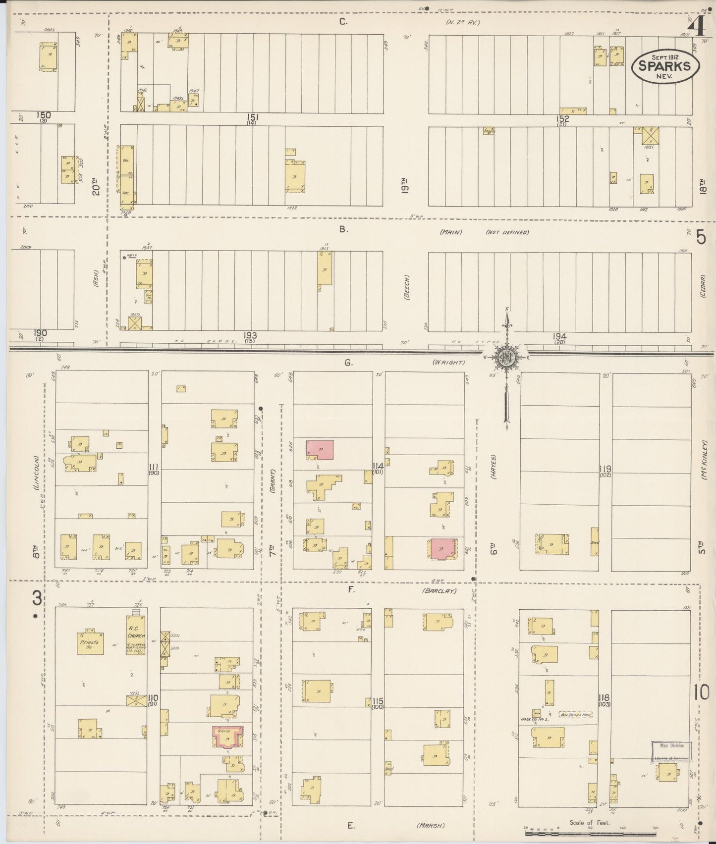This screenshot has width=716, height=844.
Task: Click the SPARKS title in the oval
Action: click(x=665, y=66)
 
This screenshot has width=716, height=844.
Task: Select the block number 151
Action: click(x=253, y=117)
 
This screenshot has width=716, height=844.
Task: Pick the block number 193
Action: click(x=250, y=335)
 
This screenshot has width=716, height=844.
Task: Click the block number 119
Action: click(x=605, y=469)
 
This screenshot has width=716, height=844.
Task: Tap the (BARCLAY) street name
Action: click(x=439, y=591)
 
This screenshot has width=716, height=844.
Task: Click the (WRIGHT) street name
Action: click(x=448, y=363)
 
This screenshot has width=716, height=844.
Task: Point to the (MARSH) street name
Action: click(x=430, y=825)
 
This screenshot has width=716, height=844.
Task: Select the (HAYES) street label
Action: click(x=494, y=466)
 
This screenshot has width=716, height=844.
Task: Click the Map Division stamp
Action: click(x=671, y=745)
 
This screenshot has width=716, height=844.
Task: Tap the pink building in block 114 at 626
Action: click(x=320, y=449)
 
